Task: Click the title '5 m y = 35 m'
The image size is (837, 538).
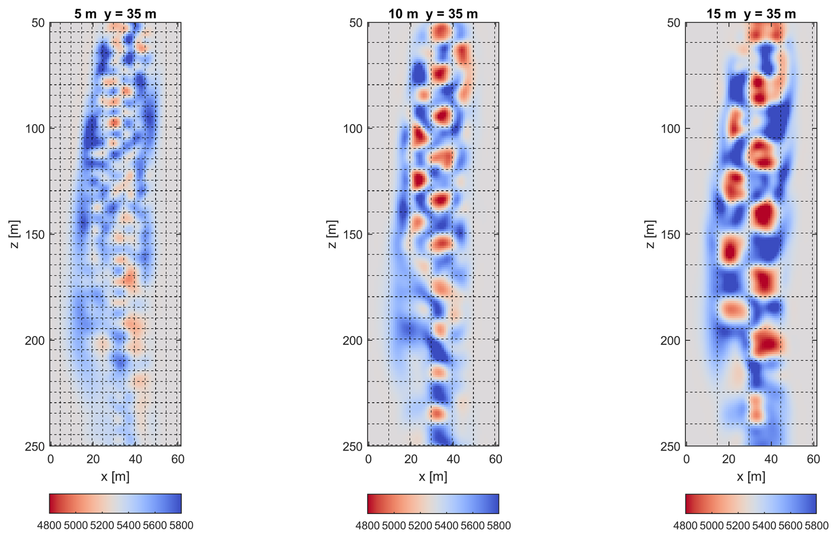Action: click(x=115, y=14)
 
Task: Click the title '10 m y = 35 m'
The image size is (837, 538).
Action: click(x=433, y=14)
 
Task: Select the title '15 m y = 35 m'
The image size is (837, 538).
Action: click(x=751, y=14)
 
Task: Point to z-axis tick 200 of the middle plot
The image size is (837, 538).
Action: click(x=353, y=341)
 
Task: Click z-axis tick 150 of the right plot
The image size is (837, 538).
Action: click(x=670, y=234)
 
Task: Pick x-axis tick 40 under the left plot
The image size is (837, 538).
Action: click(x=135, y=460)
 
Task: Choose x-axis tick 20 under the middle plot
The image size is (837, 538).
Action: click(x=411, y=460)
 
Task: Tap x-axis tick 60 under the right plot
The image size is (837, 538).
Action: click(x=813, y=460)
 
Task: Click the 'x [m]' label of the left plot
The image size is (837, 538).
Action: click(x=115, y=476)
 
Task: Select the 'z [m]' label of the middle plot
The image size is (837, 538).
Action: click(x=332, y=234)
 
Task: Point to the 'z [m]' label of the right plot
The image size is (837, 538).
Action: click(x=649, y=234)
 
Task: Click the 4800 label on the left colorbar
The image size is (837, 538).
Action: click(x=49, y=526)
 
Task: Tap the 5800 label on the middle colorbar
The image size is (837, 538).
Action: click(x=499, y=526)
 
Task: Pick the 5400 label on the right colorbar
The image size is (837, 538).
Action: click(x=764, y=526)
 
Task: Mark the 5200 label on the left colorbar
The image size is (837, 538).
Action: click(x=102, y=526)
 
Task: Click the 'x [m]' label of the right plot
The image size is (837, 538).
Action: click(x=751, y=476)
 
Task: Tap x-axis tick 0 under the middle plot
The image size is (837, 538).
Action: click(x=369, y=460)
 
